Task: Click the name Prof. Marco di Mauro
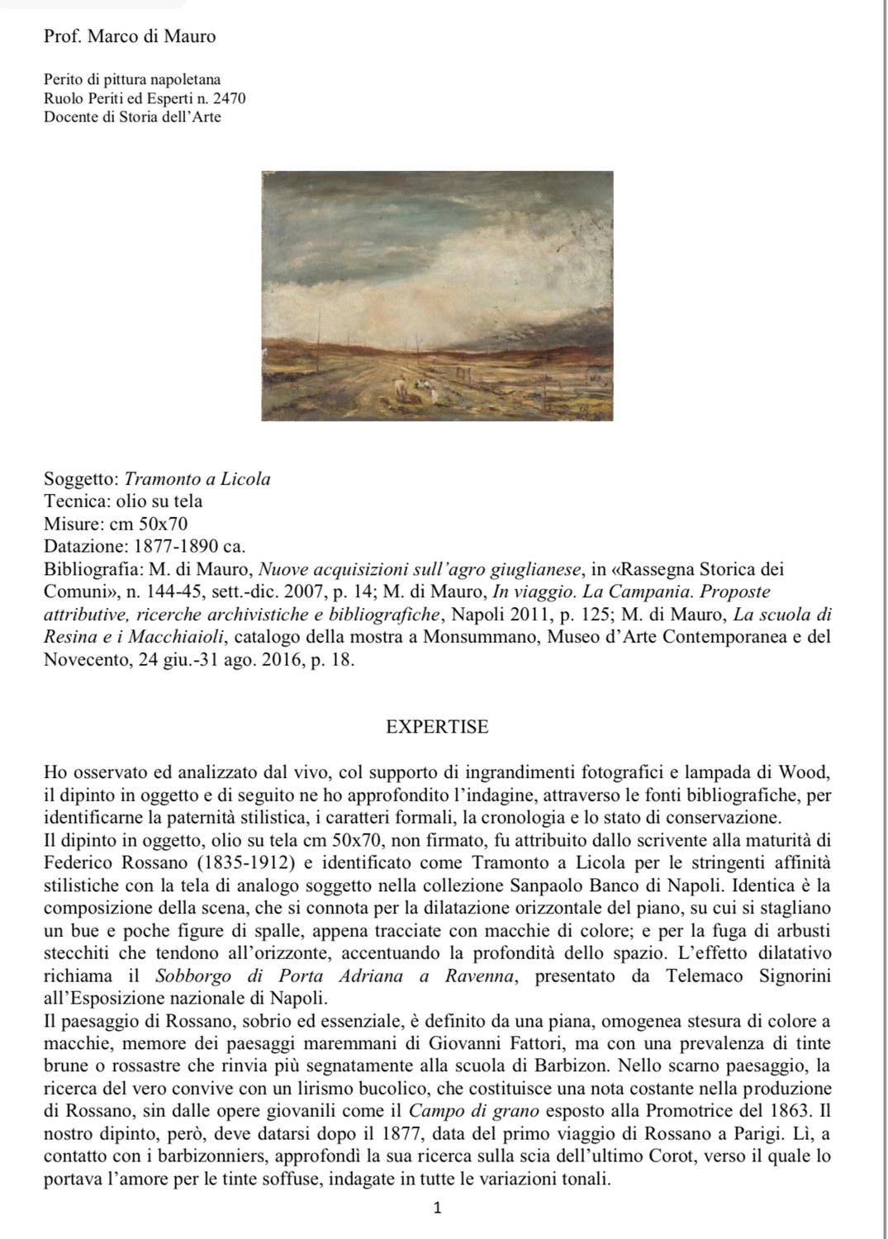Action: [x=130, y=36]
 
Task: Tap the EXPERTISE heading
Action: [x=437, y=727]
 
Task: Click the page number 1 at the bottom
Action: [x=438, y=1208]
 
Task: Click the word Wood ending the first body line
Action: [x=805, y=773]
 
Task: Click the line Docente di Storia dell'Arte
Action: [x=132, y=116]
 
